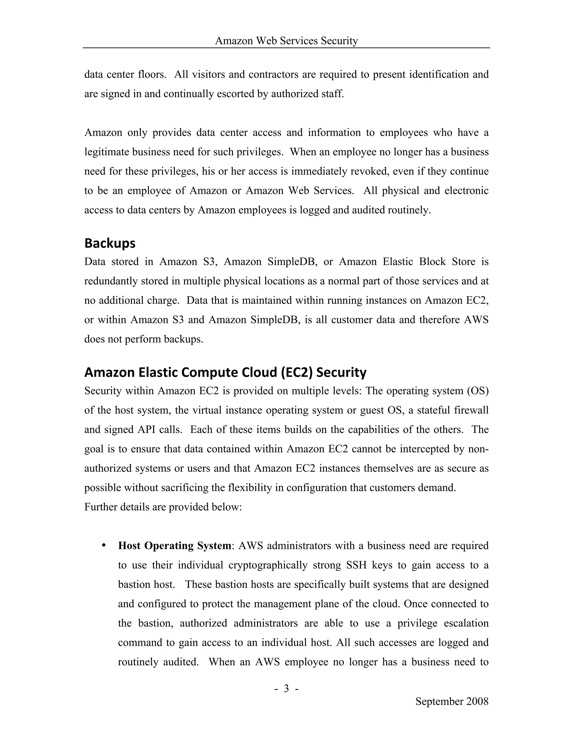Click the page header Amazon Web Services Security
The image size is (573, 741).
(x=286, y=41)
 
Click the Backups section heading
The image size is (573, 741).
(x=110, y=243)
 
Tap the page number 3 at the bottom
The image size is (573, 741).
(x=286, y=688)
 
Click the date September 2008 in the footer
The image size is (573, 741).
(x=452, y=701)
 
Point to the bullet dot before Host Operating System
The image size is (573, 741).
(x=104, y=546)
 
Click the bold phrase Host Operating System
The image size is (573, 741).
(x=175, y=546)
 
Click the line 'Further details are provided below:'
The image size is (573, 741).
(x=163, y=507)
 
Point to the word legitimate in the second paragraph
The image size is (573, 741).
(x=106, y=152)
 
